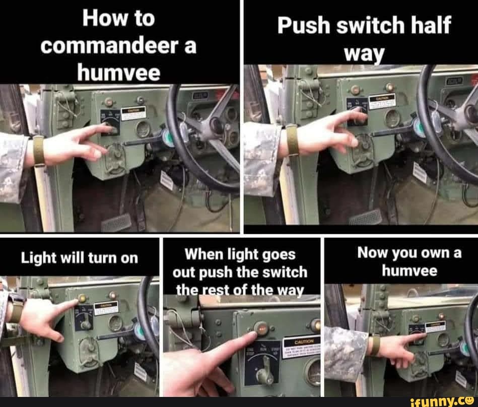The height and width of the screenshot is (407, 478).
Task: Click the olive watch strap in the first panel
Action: pos(39,151)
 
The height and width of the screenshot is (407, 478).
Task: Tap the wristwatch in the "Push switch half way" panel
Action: pos(291,140)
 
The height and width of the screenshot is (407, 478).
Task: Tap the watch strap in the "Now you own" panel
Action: pos(374,346)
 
